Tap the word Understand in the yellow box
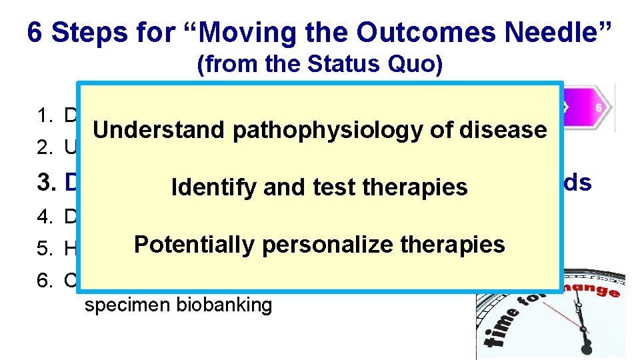pos(160,129)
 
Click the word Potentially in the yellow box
pos(195,245)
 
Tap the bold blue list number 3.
pos(44,183)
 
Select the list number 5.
pos(44,249)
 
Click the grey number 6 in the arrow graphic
pos(599,107)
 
